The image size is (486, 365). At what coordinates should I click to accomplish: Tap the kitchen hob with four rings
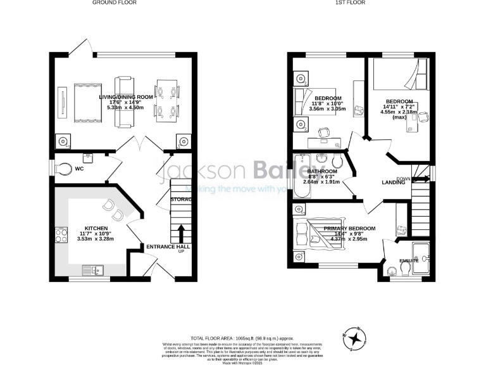(61, 235)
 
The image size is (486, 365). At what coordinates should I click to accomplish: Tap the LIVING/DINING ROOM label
(126, 97)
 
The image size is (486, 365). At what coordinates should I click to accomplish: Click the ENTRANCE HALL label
(168, 247)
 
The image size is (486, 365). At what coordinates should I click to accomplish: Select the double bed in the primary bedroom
(310, 231)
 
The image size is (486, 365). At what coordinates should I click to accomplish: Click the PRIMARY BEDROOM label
(349, 228)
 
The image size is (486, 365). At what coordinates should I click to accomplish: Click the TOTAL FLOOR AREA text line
(242, 338)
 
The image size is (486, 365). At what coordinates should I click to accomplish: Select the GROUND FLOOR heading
(115, 3)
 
